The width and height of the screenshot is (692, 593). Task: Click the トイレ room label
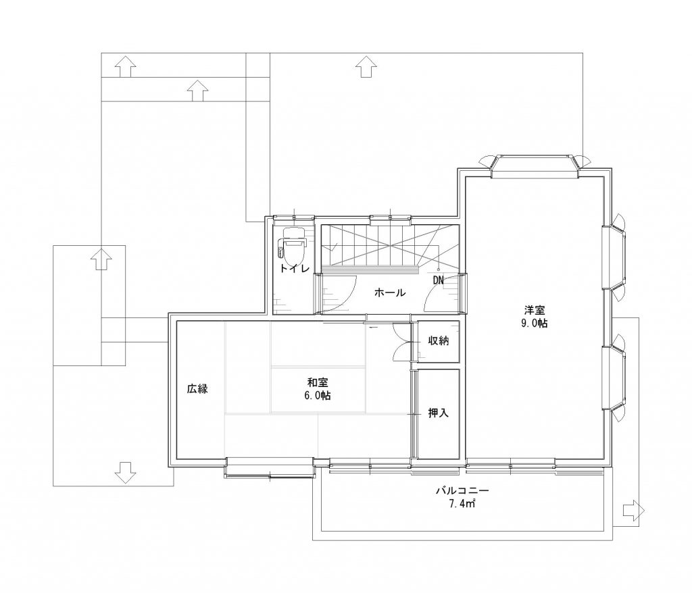point(295,268)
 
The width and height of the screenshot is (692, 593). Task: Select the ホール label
point(390,292)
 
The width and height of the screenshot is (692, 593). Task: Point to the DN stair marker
point(438,280)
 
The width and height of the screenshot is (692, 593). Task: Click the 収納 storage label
point(438,340)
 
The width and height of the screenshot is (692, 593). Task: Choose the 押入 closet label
point(438,413)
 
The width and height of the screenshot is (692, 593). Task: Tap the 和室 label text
point(318,382)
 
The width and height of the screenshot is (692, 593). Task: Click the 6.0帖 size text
point(318,395)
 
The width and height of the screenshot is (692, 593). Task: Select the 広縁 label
point(197,389)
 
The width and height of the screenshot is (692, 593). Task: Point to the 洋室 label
point(535,310)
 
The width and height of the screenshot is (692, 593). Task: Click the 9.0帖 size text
point(535,323)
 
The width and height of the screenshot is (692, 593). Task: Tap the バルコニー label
point(463,490)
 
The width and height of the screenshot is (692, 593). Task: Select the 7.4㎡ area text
point(462,503)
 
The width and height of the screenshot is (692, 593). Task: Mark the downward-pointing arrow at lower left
point(125,473)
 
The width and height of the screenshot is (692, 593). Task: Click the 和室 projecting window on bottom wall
point(270,467)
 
